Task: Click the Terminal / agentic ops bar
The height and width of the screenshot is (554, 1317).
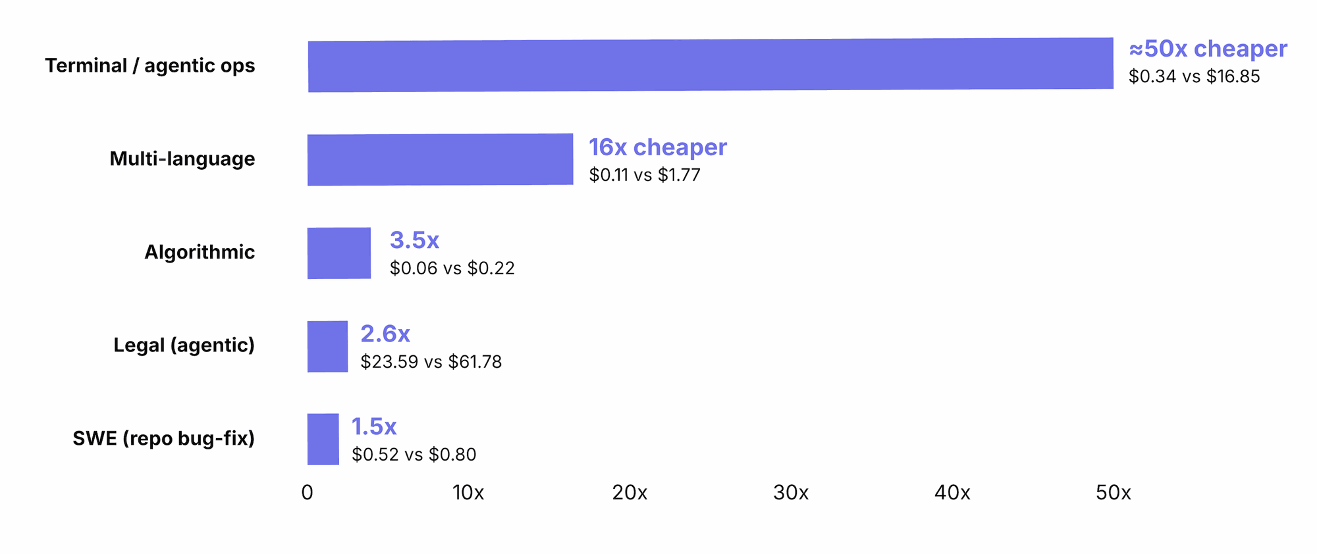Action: point(711,64)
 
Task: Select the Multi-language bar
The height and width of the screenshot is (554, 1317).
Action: point(440,160)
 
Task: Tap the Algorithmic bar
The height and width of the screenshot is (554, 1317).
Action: point(339,253)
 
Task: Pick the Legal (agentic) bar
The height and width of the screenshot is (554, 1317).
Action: point(327,347)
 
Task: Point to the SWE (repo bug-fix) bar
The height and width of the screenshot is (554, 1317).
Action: point(323,440)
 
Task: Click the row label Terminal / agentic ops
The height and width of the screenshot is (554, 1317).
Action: point(150,66)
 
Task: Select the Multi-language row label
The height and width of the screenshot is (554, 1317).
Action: point(182,159)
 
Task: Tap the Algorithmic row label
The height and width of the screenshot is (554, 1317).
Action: point(200,252)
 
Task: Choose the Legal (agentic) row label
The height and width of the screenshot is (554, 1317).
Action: point(184,345)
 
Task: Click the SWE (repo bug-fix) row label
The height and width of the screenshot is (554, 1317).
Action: point(163,439)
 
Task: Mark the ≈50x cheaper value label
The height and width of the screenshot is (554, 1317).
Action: point(1208,49)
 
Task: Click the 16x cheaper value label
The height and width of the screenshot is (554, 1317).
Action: point(658,147)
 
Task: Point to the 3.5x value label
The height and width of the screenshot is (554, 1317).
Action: point(414,240)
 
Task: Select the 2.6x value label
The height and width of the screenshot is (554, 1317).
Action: point(385,334)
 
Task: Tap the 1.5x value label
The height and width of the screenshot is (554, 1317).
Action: point(374,426)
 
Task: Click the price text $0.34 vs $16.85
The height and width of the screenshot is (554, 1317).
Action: point(1195,76)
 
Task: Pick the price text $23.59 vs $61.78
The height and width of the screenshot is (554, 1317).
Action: point(431,362)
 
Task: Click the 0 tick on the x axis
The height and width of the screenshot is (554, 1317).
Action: point(308,493)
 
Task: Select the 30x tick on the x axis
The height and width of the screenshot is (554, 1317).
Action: point(791,493)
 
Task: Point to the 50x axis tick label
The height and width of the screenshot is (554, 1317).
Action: point(1114,493)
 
